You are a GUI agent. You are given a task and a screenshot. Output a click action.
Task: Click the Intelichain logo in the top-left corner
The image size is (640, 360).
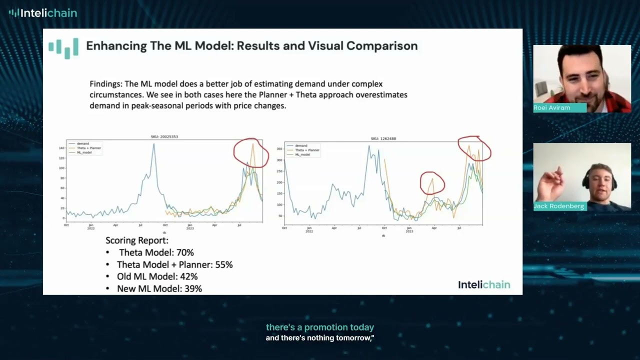(43, 13)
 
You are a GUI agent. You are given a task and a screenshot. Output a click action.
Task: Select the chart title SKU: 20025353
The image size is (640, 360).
(164, 136)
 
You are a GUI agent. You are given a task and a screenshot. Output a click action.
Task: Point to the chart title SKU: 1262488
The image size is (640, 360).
(383, 138)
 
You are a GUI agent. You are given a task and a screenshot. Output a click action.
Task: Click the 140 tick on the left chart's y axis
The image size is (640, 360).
(62, 148)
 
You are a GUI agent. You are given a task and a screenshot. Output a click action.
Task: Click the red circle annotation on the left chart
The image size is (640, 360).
(251, 153)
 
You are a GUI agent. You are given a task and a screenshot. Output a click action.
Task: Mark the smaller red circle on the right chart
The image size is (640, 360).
(432, 183)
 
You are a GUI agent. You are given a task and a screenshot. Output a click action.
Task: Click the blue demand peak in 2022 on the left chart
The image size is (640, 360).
(153, 145)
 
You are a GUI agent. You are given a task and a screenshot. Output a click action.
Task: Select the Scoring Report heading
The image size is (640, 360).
(137, 240)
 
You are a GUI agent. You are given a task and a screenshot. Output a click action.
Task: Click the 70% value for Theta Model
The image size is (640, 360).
(184, 253)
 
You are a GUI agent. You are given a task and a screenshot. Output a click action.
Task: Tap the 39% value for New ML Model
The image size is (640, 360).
(192, 288)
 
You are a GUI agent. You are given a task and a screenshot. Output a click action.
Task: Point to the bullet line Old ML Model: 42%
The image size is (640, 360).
(157, 276)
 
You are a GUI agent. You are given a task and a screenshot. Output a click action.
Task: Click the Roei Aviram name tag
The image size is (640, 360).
(552, 108)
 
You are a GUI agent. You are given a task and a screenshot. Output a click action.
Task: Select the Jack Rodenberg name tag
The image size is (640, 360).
(558, 206)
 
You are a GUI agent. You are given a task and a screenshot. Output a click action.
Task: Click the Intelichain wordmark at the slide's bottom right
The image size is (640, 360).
(484, 284)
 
